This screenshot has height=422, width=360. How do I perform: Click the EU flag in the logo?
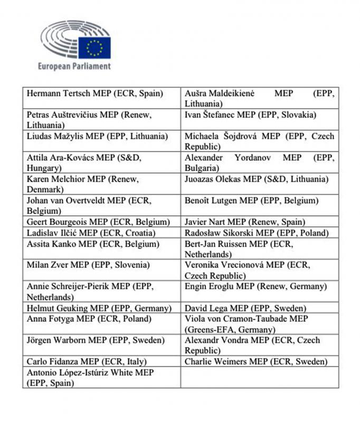[94, 47]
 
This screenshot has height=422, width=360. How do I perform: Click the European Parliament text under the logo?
[74, 66]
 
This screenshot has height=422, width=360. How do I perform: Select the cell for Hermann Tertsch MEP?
[95, 94]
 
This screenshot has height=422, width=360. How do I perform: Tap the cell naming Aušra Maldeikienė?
[259, 98]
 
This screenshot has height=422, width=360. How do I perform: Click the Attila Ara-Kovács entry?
[84, 162]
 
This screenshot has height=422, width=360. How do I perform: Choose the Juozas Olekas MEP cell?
[257, 179]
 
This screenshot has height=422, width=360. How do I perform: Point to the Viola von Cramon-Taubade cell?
[253, 324]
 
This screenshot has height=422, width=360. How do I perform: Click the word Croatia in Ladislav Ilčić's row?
[137, 233]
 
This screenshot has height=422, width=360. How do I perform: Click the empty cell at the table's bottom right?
[259, 378]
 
